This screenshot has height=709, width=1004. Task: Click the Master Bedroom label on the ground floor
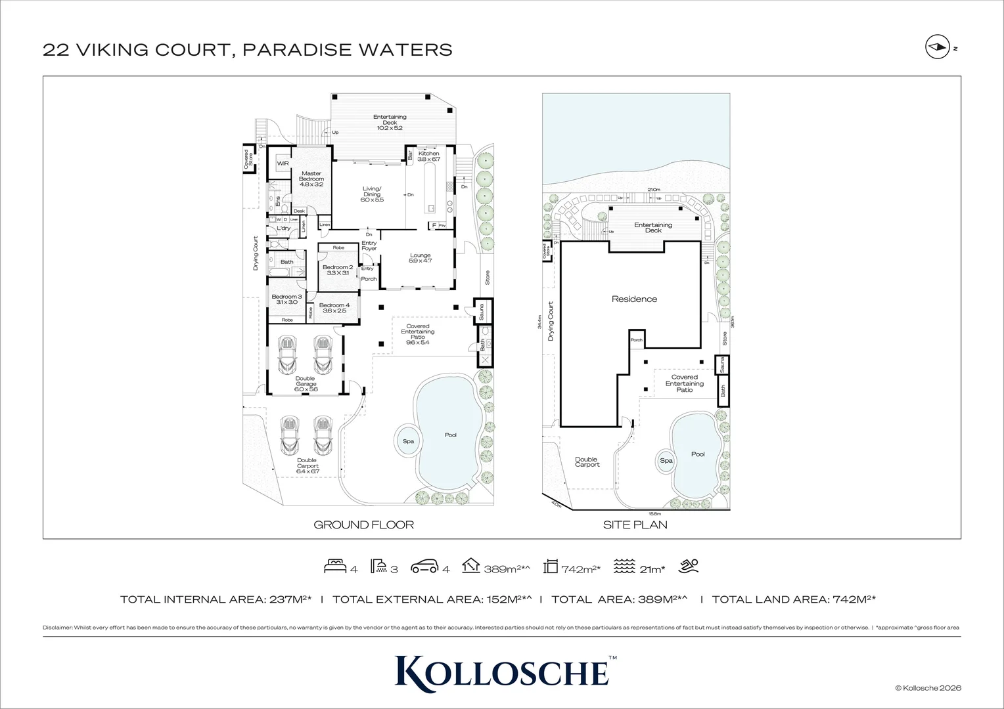click(x=311, y=179)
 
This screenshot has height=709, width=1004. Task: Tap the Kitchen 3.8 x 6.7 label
click(x=428, y=156)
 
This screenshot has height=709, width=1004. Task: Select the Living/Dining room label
click(x=372, y=194)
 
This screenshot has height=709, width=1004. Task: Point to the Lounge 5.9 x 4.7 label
click(x=420, y=258)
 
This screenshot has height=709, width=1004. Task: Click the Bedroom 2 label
click(x=337, y=269)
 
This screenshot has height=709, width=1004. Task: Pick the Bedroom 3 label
click(x=286, y=299)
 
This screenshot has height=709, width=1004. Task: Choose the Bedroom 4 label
click(x=334, y=307)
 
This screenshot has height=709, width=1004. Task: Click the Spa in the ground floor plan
click(x=408, y=441)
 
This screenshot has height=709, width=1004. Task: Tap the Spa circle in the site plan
click(x=666, y=461)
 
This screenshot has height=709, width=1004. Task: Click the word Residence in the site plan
click(x=634, y=299)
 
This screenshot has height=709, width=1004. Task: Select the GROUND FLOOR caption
click(x=363, y=525)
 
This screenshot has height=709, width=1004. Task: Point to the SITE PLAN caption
click(x=635, y=525)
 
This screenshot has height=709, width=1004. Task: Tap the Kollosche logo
click(x=502, y=671)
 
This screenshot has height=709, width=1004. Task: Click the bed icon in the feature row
click(x=335, y=567)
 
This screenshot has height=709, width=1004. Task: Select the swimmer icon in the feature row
click(x=689, y=566)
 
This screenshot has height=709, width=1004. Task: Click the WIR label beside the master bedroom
click(x=283, y=163)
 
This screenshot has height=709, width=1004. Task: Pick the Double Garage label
click(x=306, y=383)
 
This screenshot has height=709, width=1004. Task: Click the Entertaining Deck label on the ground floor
click(x=390, y=122)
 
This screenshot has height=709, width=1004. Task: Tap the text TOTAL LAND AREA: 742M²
click(x=793, y=599)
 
